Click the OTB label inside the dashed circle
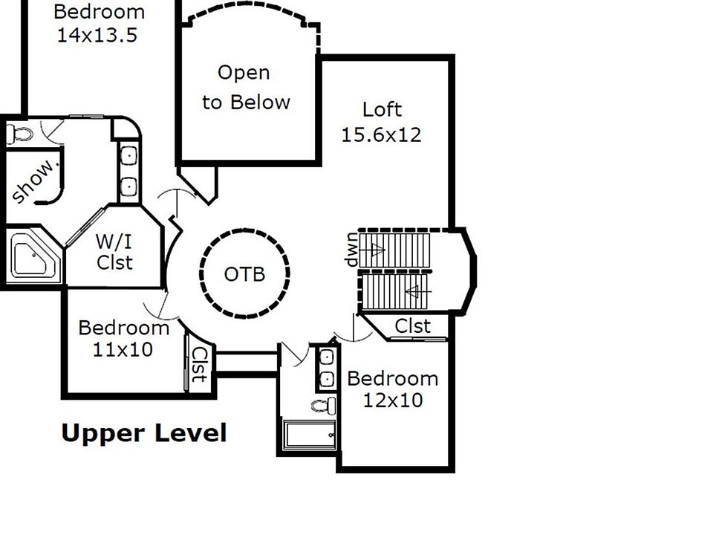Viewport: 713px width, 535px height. point(244,274)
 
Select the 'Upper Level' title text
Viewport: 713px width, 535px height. point(143,433)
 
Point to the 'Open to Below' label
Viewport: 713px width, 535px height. point(246,88)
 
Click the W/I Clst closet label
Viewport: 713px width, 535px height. point(114,252)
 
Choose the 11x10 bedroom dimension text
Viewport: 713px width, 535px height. point(123,349)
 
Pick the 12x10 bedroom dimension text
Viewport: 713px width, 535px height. point(393,400)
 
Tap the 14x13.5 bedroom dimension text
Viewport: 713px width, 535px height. point(97,35)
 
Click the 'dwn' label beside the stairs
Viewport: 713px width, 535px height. point(352,250)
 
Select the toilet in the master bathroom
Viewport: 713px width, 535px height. point(20,134)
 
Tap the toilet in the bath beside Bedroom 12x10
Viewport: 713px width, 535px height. point(325,405)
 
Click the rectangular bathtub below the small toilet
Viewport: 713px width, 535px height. point(310,435)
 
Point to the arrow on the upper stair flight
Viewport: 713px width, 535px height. point(372,250)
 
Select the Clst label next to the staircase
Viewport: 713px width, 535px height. point(412,326)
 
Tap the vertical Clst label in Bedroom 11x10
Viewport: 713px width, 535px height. point(200,365)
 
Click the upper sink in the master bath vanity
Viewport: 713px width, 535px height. point(129,155)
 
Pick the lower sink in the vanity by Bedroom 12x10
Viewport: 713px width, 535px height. point(327,379)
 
